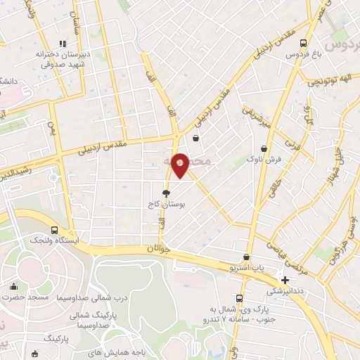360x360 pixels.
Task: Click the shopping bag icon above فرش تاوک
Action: (x=264, y=148)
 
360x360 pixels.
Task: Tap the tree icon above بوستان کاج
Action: (x=166, y=192)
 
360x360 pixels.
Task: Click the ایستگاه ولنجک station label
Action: (x=55, y=240)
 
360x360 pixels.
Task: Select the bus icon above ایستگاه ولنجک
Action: (x=55, y=229)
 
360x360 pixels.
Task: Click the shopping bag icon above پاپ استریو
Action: (x=247, y=257)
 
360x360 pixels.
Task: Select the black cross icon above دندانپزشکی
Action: (x=284, y=280)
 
